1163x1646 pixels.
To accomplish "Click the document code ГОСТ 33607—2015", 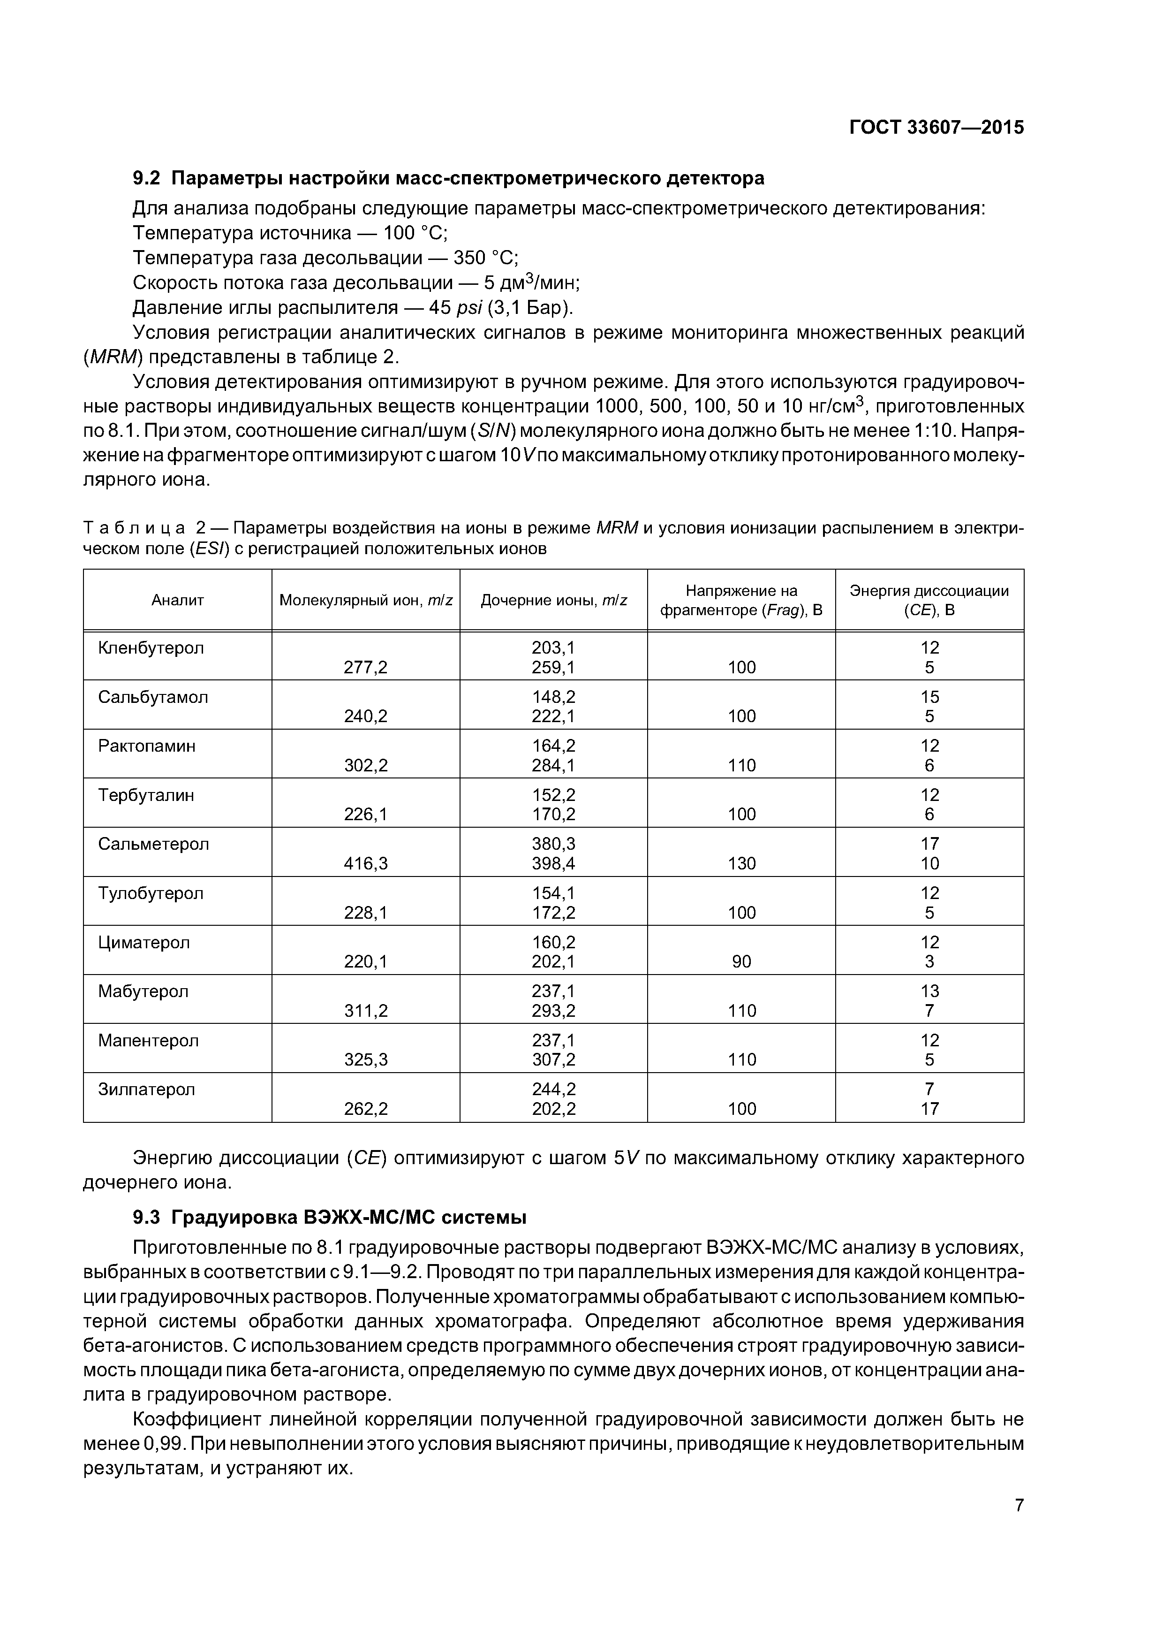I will click(936, 128).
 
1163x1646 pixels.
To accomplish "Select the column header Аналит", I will click(178, 600).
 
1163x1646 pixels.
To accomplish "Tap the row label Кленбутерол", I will click(151, 648).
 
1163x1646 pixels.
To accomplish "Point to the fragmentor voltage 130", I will click(742, 863).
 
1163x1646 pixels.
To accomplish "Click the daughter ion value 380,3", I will click(553, 844).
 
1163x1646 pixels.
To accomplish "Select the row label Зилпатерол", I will click(147, 1089).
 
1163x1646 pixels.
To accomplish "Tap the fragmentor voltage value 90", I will click(742, 961).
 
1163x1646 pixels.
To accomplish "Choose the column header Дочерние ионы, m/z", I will click(553, 600).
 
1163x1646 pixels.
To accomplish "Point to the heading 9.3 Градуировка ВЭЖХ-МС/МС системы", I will click(330, 1217).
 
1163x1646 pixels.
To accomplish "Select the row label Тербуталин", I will click(146, 795).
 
